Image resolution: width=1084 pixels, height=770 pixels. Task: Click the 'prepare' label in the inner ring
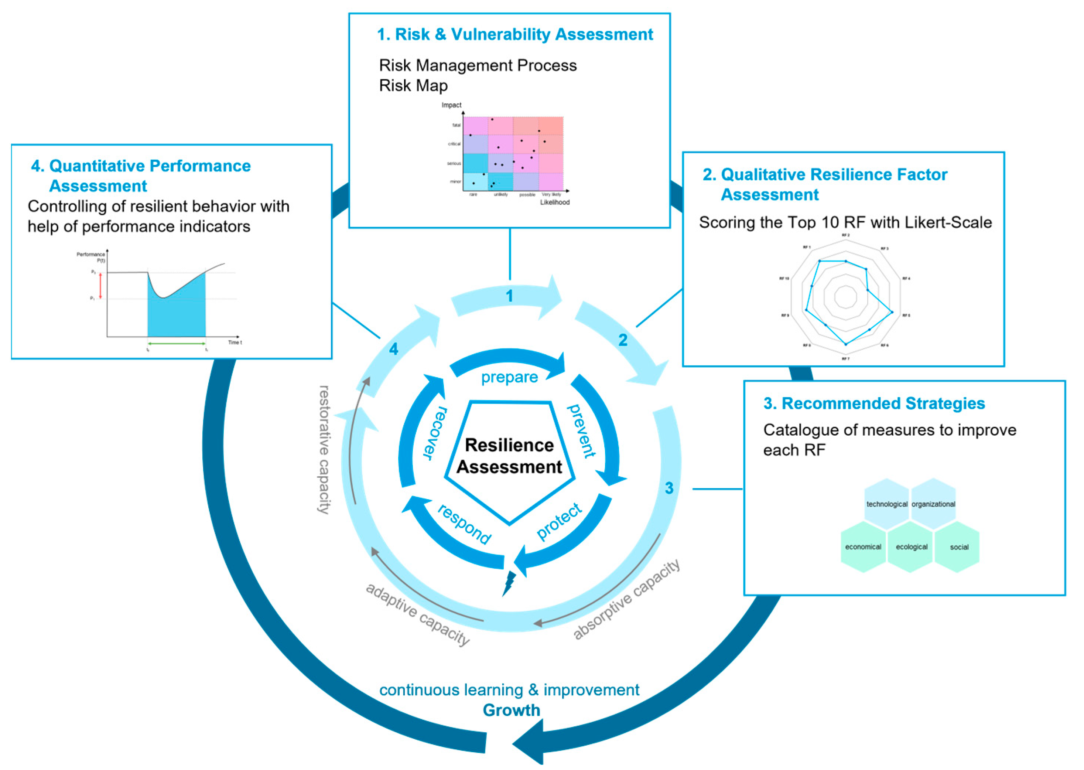coord(510,377)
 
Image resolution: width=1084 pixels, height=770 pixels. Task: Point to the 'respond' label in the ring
coord(464,524)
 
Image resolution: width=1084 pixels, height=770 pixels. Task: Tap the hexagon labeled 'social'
coord(958,547)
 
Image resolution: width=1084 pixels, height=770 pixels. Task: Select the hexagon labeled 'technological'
coord(886,504)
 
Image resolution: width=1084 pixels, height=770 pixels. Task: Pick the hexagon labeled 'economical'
coord(863,547)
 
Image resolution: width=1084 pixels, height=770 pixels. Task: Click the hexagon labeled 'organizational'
coord(933,504)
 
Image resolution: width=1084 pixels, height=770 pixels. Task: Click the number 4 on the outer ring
coord(393,350)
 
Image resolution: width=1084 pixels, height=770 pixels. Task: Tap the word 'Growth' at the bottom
coord(511,710)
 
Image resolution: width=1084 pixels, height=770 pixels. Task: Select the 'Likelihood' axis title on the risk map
coord(555,202)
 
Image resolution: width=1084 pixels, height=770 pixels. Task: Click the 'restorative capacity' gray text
coord(324,450)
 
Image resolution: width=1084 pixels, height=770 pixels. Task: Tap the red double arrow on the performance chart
coord(100,286)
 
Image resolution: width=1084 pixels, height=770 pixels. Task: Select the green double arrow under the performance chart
coord(176,343)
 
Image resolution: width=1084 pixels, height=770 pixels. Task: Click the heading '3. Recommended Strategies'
coord(873,403)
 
